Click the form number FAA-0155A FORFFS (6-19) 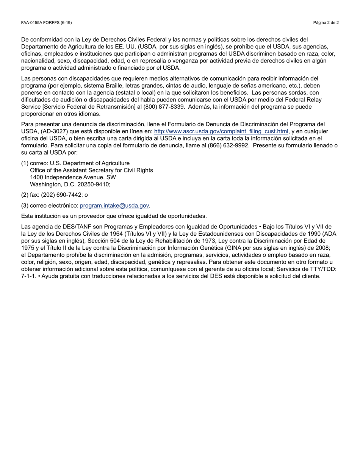pyautogui.click(x=46, y=23)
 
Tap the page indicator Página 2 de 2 pyautogui.click(x=326, y=23)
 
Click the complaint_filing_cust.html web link pyautogui.click(x=221, y=131)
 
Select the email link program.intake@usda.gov pyautogui.click(x=114, y=206)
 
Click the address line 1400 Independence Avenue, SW pyautogui.click(x=73, y=177)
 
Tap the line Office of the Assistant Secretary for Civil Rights pyautogui.click(x=91, y=170)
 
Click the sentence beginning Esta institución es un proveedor pyautogui.click(x=114, y=216)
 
